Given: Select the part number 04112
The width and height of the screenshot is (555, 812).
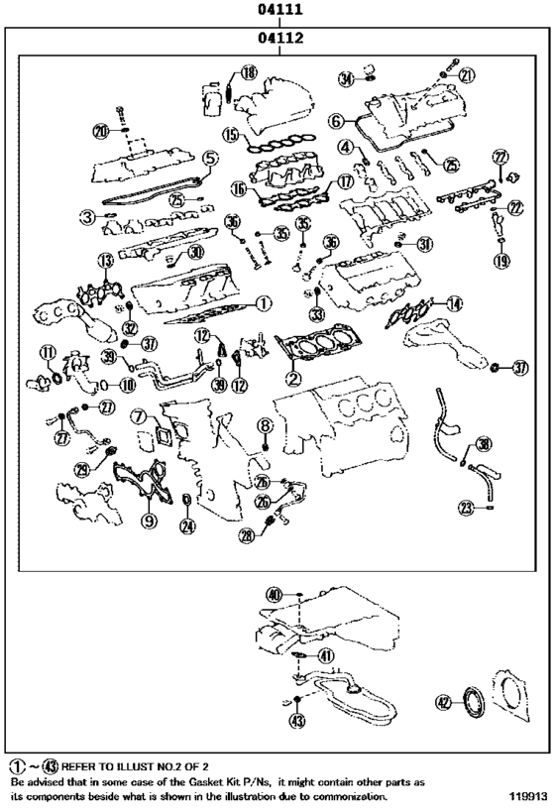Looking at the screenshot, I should [278, 41].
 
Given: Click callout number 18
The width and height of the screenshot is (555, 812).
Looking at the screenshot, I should [247, 71].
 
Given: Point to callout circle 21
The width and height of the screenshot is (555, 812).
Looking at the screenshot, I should [467, 73].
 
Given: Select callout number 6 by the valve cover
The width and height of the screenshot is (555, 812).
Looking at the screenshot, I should [336, 121].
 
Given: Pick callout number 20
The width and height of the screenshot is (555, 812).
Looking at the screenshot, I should [100, 131].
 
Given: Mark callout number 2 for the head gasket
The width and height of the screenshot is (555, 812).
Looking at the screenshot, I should [293, 377].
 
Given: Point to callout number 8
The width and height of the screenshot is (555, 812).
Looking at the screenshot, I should [265, 425].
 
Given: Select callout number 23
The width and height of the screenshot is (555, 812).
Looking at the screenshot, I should [465, 508].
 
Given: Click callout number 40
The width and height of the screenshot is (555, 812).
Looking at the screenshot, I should [275, 595].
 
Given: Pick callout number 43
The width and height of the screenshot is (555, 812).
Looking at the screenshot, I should [296, 721].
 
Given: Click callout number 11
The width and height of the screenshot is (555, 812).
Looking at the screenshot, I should [46, 353].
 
